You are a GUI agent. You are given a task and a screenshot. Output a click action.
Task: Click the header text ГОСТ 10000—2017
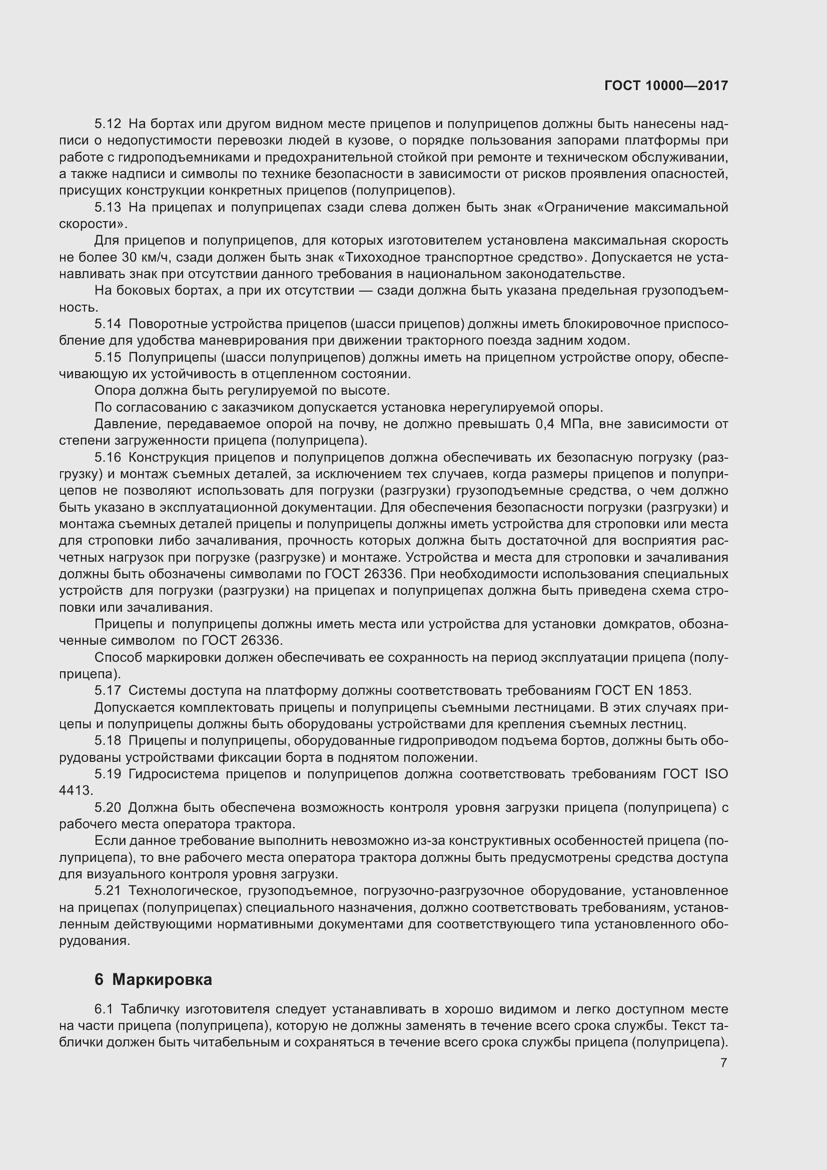click(666, 86)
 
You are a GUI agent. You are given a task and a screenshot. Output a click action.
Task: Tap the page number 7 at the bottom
click(723, 1062)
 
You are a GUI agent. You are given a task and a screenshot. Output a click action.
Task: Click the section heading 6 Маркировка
click(153, 979)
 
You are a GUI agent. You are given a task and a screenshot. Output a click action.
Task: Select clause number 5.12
click(108, 124)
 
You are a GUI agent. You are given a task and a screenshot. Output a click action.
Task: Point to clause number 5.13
click(108, 208)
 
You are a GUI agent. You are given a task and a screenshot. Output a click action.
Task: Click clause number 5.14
click(108, 324)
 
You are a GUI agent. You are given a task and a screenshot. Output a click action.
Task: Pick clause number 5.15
click(108, 358)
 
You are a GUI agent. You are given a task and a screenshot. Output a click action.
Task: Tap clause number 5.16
click(108, 458)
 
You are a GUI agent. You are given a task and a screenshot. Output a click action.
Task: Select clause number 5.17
click(108, 690)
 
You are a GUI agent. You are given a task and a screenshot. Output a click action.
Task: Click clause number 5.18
click(108, 740)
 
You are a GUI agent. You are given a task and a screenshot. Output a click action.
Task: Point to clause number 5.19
click(108, 774)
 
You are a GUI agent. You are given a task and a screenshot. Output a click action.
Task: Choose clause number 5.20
click(108, 808)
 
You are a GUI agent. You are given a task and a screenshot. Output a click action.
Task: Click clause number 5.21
click(108, 891)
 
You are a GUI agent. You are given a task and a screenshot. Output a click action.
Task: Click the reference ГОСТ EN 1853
click(643, 690)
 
